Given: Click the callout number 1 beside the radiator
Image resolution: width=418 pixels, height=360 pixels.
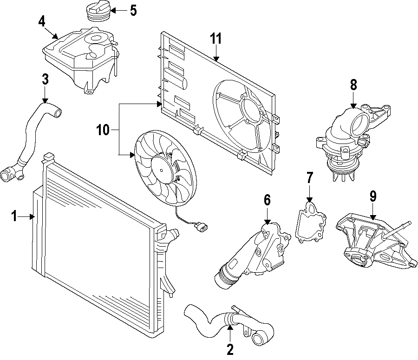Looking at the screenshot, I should (x=14, y=216).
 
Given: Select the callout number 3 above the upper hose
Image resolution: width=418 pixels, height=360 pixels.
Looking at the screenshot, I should (x=45, y=79).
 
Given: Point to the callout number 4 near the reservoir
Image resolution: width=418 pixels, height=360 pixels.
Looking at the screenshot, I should (x=42, y=21).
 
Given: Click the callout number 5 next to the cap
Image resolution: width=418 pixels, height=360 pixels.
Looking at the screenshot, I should (x=133, y=10).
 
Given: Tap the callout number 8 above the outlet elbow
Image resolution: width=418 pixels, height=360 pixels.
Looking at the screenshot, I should (x=353, y=85).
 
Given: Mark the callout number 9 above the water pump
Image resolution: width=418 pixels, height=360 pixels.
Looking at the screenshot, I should (x=373, y=196).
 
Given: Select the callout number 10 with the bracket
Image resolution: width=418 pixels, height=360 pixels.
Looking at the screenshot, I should (x=103, y=130).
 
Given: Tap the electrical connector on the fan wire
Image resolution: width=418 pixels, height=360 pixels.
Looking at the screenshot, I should (x=201, y=227).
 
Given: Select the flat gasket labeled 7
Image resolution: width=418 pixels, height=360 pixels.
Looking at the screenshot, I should (x=311, y=222).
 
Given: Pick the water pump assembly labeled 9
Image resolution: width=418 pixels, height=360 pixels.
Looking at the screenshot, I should (x=372, y=242).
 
